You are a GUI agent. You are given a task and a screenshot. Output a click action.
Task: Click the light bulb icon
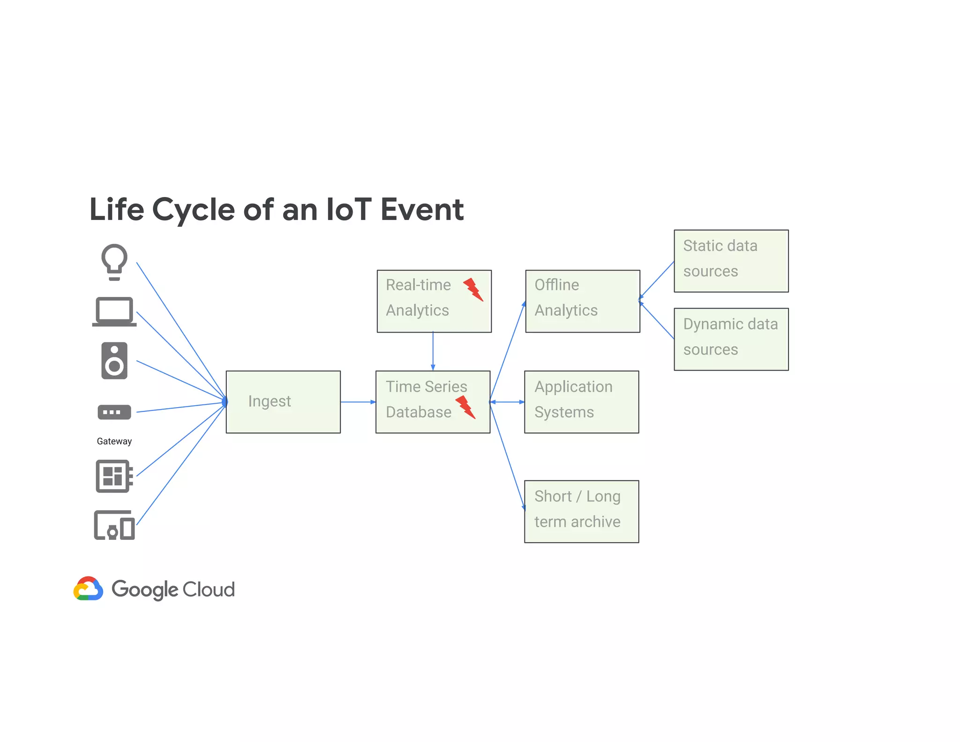tap(114, 262)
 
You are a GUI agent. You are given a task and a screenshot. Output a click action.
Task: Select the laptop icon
tap(114, 311)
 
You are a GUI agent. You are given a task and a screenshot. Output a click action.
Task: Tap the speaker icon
tap(114, 361)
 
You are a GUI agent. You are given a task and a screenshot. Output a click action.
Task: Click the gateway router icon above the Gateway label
tap(114, 412)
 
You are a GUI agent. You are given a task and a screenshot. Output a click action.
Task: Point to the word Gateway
tap(114, 441)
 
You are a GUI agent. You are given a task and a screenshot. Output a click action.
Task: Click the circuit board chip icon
tap(114, 476)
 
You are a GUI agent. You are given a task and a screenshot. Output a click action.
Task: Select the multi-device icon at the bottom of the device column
tap(114, 525)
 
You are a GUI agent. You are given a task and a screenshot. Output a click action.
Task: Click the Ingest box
tap(283, 402)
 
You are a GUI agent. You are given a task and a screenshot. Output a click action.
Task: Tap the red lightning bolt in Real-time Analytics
tap(473, 289)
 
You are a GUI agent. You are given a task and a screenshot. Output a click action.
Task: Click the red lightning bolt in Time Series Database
tap(465, 407)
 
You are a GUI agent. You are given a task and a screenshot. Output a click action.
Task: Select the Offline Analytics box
tap(583, 301)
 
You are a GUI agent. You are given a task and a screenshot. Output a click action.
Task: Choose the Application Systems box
tap(581, 402)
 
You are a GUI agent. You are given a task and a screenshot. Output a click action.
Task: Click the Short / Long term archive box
tap(581, 511)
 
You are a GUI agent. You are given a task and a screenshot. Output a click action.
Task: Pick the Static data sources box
tap(731, 261)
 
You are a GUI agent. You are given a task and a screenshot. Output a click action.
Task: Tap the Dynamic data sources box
tap(731, 339)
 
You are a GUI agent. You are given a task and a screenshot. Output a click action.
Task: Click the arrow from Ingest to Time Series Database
tap(358, 402)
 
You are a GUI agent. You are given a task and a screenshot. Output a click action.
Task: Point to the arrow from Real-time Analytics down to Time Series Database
tap(433, 351)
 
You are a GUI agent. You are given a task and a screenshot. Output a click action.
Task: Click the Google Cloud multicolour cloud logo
tap(88, 589)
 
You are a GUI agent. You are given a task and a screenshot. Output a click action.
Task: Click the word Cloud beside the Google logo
tap(209, 590)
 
